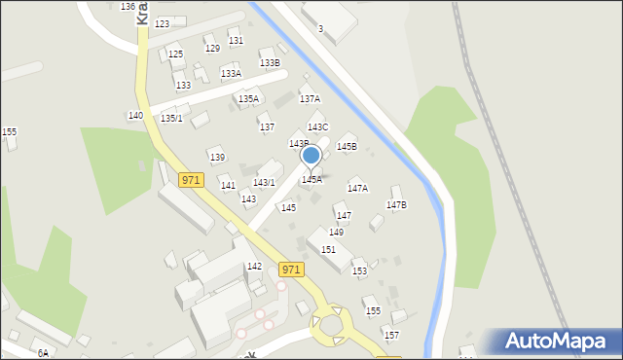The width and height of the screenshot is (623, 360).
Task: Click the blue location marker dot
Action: (311, 156)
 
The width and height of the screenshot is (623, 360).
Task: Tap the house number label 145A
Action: (311, 180)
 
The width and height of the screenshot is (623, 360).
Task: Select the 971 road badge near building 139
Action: (191, 180)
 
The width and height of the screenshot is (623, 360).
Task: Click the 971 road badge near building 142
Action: (291, 269)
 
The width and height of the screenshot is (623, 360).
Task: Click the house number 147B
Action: (396, 205)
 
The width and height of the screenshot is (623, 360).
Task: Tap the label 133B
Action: (270, 63)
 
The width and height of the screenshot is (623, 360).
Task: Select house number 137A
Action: (310, 99)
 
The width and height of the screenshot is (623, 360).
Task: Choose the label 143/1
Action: (264, 183)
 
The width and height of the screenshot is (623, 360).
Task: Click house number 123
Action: (162, 23)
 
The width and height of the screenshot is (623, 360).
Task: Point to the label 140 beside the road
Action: (135, 116)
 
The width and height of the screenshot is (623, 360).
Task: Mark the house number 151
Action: (329, 250)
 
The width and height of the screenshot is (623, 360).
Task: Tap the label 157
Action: (391, 336)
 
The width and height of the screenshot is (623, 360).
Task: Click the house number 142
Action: (254, 267)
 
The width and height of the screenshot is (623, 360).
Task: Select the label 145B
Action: (347, 147)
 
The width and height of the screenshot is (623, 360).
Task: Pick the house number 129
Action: (212, 48)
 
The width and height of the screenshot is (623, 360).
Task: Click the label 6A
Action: (43, 353)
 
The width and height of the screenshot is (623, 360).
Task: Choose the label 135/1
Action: (171, 119)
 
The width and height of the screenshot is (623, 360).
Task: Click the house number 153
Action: (359, 271)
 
